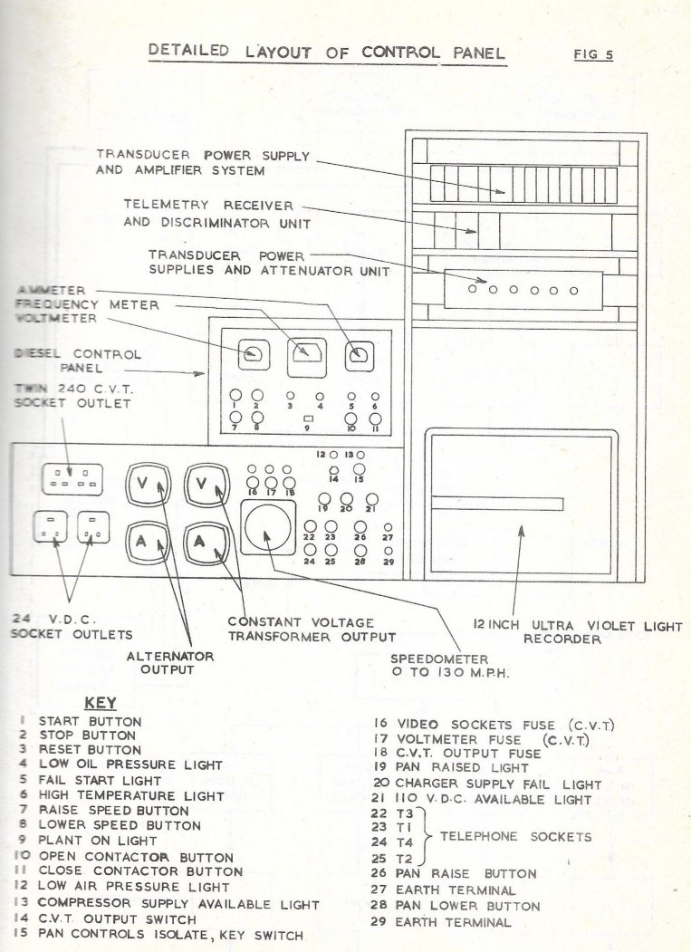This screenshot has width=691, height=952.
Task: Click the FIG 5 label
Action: [593, 54]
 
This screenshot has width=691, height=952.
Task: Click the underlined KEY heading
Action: [101, 703]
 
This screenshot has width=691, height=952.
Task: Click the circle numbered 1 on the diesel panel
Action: [235, 396]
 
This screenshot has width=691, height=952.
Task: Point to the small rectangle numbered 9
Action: [307, 418]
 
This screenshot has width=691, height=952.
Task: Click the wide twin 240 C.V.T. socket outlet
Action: [72, 480]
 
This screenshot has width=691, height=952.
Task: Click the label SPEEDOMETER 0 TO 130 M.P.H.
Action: [449, 666]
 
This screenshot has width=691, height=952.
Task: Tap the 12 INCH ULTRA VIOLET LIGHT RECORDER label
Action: [578, 632]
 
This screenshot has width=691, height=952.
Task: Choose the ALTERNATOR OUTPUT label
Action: [169, 663]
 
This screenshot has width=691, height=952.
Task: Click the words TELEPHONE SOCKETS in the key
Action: [515, 837]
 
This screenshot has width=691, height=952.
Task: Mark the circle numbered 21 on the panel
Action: [371, 499]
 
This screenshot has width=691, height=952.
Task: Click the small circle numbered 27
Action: [389, 527]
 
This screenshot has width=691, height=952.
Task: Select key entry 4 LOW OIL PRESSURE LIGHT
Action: [120, 765]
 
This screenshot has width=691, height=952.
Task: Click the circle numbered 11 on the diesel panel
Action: [375, 418]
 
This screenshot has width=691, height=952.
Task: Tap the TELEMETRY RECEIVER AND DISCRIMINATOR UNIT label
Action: [217, 215]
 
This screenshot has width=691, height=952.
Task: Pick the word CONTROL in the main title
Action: [401, 53]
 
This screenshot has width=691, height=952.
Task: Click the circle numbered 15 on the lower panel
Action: [360, 468]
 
